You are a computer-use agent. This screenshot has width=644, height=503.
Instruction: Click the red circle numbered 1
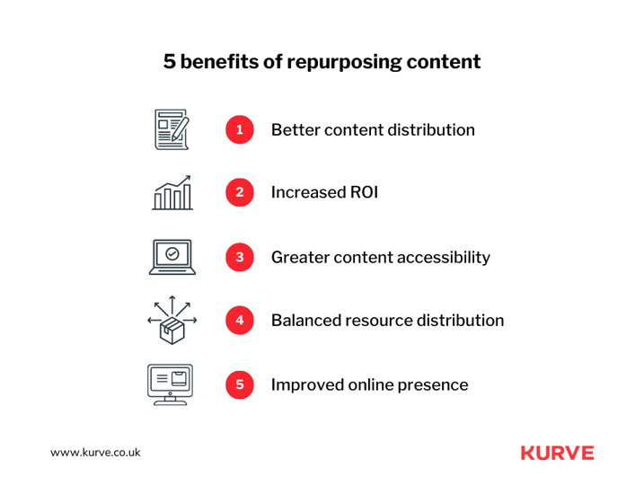pyautogui.click(x=240, y=129)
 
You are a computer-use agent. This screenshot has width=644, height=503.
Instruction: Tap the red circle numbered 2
pyautogui.click(x=240, y=192)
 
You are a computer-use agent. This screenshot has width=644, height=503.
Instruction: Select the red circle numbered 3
pyautogui.click(x=240, y=257)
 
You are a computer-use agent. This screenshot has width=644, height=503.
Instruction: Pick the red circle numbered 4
pyautogui.click(x=240, y=321)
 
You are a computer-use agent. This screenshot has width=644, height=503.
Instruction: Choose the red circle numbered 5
pyautogui.click(x=240, y=384)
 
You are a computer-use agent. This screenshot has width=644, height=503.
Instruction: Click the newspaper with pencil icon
pyautogui.click(x=172, y=129)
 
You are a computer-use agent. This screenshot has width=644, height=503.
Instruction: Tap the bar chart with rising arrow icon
pyautogui.click(x=172, y=192)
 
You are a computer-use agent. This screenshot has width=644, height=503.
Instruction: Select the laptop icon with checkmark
pyautogui.click(x=172, y=257)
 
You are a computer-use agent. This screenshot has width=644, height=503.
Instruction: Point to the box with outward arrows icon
pyautogui.click(x=172, y=320)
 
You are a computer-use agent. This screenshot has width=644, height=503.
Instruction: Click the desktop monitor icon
pyautogui.click(x=170, y=384)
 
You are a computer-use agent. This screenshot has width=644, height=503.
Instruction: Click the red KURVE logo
pyautogui.click(x=558, y=453)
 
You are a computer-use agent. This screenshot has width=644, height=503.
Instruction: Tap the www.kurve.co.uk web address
pyautogui.click(x=95, y=453)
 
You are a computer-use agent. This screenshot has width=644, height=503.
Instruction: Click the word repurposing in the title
pyautogui.click(x=344, y=63)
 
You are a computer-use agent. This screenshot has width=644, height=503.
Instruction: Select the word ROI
pyautogui.click(x=364, y=192)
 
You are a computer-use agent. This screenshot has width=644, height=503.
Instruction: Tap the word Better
pyautogui.click(x=295, y=129)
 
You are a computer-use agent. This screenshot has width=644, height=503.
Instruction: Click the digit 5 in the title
pyautogui.click(x=169, y=62)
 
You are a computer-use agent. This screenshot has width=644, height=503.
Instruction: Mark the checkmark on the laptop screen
pyautogui.click(x=172, y=254)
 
